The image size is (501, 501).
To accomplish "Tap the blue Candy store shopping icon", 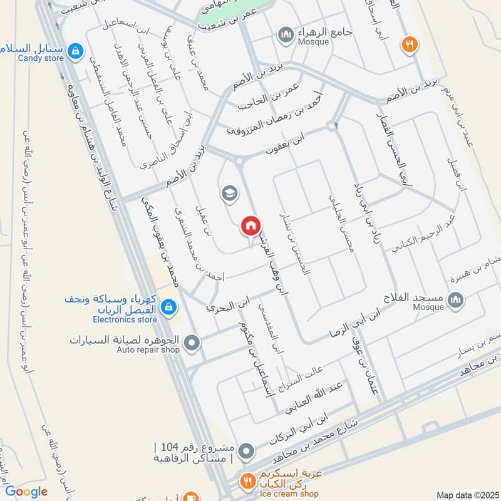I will tap(75, 51).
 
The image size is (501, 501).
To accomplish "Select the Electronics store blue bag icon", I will tap(168, 307).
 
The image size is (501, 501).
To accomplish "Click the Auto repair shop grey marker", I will tap(192, 343).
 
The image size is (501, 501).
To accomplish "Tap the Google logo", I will tap(26, 492).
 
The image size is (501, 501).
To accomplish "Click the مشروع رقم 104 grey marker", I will tap(248, 451).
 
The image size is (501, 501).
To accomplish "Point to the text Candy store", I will tap(41, 58).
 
